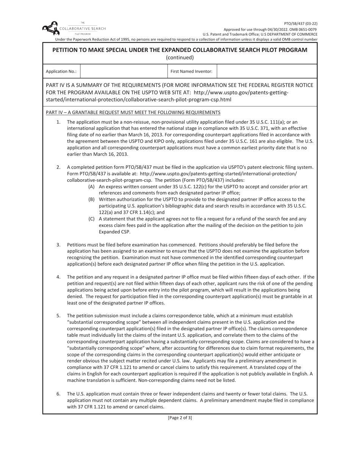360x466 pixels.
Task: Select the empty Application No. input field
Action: (x=124, y=71)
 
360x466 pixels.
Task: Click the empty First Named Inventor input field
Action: (x=267, y=71)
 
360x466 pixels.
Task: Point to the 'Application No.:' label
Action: (x=61, y=71)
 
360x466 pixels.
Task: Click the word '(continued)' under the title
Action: (x=180, y=58)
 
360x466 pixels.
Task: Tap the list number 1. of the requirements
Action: (x=58, y=122)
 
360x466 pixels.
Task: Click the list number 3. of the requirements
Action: (x=58, y=245)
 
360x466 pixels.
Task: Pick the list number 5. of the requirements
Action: (x=58, y=316)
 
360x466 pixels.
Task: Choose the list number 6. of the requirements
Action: (x=58, y=394)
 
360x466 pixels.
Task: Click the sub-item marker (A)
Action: (x=91, y=187)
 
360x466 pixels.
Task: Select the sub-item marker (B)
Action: (x=91, y=199)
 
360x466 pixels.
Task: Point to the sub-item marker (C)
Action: (x=91, y=219)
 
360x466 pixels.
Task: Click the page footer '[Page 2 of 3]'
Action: (x=180, y=418)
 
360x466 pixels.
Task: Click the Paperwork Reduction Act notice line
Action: (x=186, y=39)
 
